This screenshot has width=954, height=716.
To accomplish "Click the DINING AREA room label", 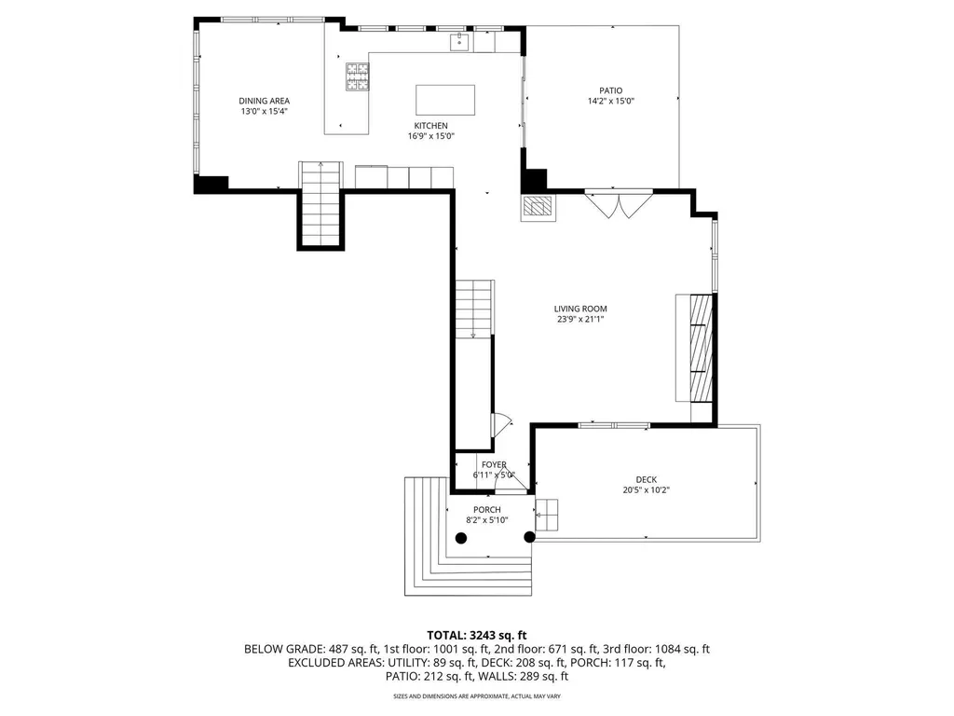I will pyautogui.click(x=265, y=101).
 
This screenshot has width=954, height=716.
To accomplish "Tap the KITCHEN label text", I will pyautogui.click(x=431, y=126).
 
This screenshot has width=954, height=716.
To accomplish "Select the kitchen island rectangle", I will pyautogui.click(x=444, y=99).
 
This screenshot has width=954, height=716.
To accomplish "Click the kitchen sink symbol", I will pyautogui.click(x=459, y=41).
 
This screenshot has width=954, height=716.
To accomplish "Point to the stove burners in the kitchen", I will pyautogui.click(x=357, y=76).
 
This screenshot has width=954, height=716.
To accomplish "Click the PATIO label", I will pyautogui.click(x=611, y=90).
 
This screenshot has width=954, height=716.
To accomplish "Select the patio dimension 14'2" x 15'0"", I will pyautogui.click(x=611, y=102).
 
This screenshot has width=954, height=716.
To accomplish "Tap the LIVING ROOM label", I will pyautogui.click(x=580, y=309).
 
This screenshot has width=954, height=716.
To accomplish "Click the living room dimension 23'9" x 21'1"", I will pyautogui.click(x=580, y=320).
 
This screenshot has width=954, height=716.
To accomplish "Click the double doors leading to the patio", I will pyautogui.click(x=619, y=203).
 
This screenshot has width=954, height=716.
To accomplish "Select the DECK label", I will pyautogui.click(x=647, y=480).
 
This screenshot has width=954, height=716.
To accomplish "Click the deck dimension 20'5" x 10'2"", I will pyautogui.click(x=647, y=490).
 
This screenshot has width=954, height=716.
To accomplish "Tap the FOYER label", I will pyautogui.click(x=494, y=464).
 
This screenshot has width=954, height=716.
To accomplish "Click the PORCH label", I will pyautogui.click(x=487, y=509).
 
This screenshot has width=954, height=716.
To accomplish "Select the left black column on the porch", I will pyautogui.click(x=460, y=537).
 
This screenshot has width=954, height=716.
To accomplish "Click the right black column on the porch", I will pyautogui.click(x=530, y=537).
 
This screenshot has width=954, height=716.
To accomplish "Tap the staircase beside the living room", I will pyautogui.click(x=472, y=308).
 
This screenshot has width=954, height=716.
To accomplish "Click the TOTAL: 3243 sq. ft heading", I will pyautogui.click(x=476, y=634).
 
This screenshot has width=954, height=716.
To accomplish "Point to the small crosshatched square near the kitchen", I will pyautogui.click(x=537, y=207).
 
